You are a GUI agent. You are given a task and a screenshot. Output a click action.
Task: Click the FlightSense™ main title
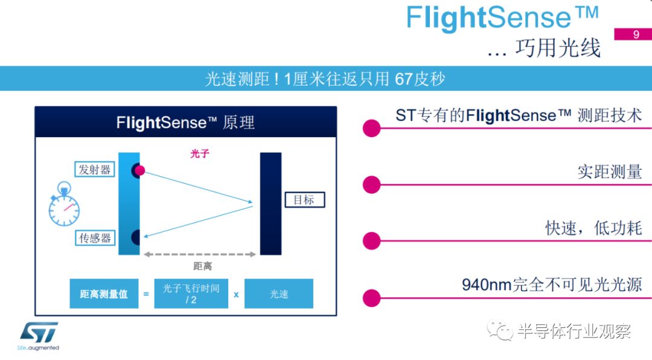point(503,18)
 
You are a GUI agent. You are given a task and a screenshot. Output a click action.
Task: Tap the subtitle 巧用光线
point(558,47)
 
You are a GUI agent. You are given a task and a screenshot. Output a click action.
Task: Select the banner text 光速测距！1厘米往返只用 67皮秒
point(325,79)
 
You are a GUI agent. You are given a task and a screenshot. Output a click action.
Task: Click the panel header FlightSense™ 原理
point(185,123)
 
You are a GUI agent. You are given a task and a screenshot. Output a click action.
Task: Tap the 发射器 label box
point(95,170)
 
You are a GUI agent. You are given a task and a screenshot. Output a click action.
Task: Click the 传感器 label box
point(95,238)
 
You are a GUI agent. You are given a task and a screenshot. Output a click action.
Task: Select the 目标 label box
point(304,200)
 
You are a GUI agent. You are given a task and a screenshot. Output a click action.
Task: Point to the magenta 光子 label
point(200,154)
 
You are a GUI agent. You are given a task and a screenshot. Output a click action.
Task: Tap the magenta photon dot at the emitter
point(139,170)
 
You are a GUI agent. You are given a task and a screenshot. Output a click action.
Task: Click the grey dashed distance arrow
point(200,254)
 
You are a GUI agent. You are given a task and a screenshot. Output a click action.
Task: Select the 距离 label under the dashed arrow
point(202,266)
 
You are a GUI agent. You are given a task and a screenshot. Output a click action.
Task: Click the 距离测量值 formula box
point(104,294)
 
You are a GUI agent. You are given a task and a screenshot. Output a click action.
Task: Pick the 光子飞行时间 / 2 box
point(191,294)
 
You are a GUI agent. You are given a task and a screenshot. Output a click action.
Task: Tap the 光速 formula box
point(278,294)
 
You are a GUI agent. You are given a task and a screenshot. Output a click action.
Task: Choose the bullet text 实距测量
point(609,172)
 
